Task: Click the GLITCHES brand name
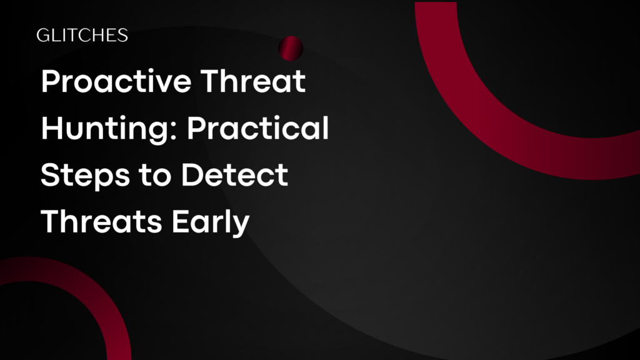(x=82, y=36)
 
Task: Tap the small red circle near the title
(x=291, y=47)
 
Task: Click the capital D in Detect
(x=192, y=176)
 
